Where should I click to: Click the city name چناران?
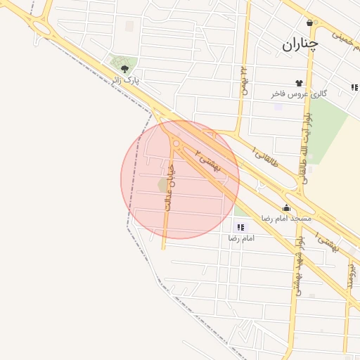300,45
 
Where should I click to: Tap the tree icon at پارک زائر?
125,69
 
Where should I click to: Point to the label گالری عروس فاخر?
300,94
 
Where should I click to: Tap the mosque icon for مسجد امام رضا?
286,208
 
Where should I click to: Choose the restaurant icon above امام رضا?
241,227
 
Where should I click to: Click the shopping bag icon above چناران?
310,22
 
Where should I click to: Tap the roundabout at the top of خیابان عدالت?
175,143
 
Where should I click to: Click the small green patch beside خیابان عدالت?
162,185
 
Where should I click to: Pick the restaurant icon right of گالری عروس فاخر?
354,88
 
